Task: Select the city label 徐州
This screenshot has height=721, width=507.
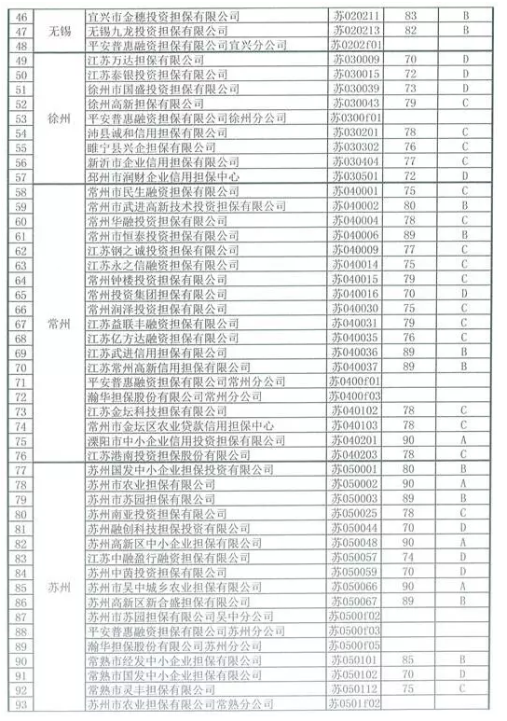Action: coord(61,118)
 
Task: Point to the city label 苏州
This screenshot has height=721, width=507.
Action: coord(61,587)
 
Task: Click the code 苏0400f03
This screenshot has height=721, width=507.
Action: coord(357,396)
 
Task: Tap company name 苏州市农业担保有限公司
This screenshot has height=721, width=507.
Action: coord(150,484)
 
